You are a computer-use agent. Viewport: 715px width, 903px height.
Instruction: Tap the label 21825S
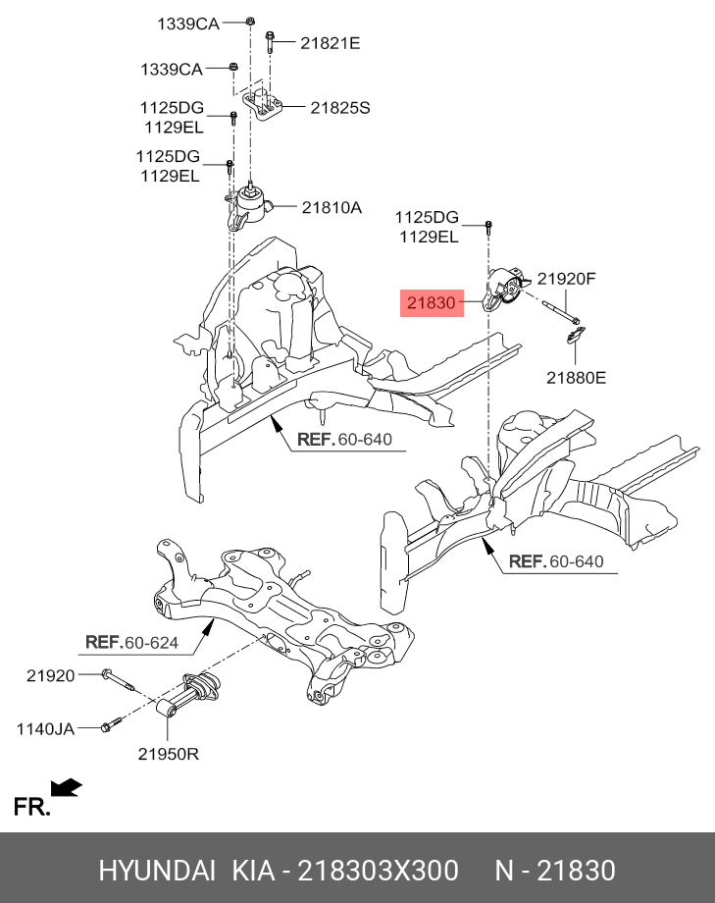(340, 108)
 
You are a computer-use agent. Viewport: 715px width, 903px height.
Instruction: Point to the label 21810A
(332, 207)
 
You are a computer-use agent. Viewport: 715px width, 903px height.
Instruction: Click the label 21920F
(566, 279)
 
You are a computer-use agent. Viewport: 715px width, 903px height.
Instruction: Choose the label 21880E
(577, 376)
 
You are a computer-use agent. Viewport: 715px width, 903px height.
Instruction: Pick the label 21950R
(169, 754)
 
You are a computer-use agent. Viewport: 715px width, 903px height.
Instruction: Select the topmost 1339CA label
(188, 22)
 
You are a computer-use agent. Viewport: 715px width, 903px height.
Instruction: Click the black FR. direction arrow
(67, 787)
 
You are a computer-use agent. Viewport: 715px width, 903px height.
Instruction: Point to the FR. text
(31, 808)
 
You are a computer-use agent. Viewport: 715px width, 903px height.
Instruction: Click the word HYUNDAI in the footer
(157, 871)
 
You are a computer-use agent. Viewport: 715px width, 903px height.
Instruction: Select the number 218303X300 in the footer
(378, 871)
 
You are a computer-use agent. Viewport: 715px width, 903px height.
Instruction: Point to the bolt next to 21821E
(268, 42)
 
